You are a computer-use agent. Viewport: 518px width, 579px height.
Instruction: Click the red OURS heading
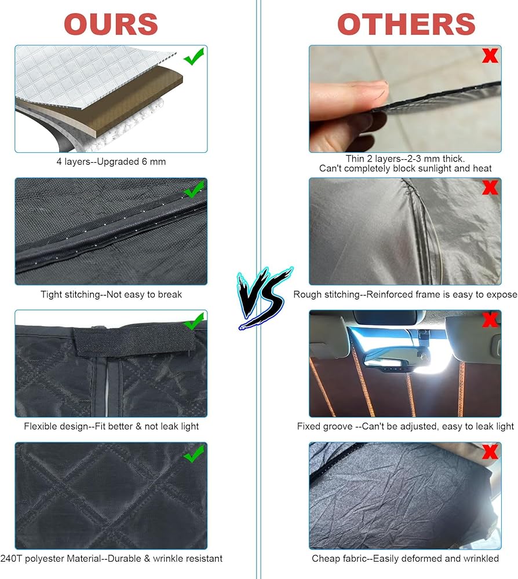click(111, 24)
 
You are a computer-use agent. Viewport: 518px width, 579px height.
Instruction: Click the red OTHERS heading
click(406, 24)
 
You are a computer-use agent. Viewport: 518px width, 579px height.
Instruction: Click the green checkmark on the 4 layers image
click(194, 57)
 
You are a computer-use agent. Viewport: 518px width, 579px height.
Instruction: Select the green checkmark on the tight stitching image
click(194, 189)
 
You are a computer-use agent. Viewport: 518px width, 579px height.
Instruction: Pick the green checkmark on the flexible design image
click(194, 321)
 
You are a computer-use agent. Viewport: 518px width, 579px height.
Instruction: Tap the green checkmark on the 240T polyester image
click(194, 453)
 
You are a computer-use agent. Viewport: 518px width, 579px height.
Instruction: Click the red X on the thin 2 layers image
click(490, 56)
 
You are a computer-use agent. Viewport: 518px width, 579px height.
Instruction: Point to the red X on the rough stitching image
click(490, 188)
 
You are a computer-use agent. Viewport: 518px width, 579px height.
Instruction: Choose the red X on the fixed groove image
click(490, 320)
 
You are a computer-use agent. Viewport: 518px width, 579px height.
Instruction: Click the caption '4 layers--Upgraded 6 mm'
click(111, 162)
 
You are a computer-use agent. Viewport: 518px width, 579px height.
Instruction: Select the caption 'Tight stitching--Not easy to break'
click(111, 294)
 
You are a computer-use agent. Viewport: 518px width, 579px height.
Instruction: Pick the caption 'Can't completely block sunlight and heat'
click(406, 168)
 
